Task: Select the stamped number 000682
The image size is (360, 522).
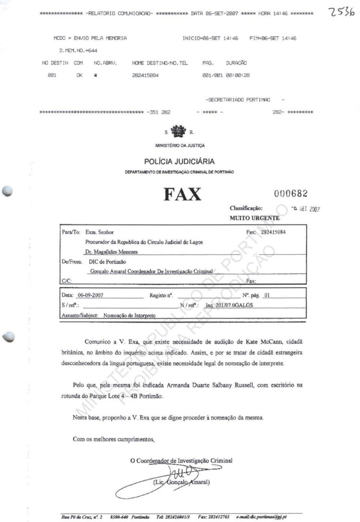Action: [290, 193]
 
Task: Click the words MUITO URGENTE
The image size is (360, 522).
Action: [248, 218]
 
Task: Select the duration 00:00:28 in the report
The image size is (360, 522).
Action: [239, 75]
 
